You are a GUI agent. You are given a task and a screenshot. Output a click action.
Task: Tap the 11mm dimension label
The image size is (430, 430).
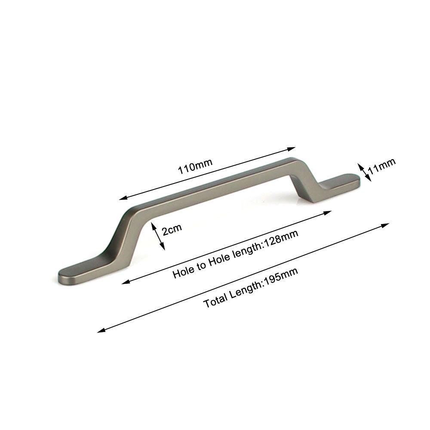[x=381, y=166]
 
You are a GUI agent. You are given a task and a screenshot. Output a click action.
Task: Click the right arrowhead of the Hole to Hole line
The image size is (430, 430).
[x=330, y=212]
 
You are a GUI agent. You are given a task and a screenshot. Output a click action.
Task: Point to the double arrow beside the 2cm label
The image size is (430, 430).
[x=157, y=236]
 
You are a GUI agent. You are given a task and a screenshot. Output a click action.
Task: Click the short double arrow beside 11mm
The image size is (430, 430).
[x=363, y=171]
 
